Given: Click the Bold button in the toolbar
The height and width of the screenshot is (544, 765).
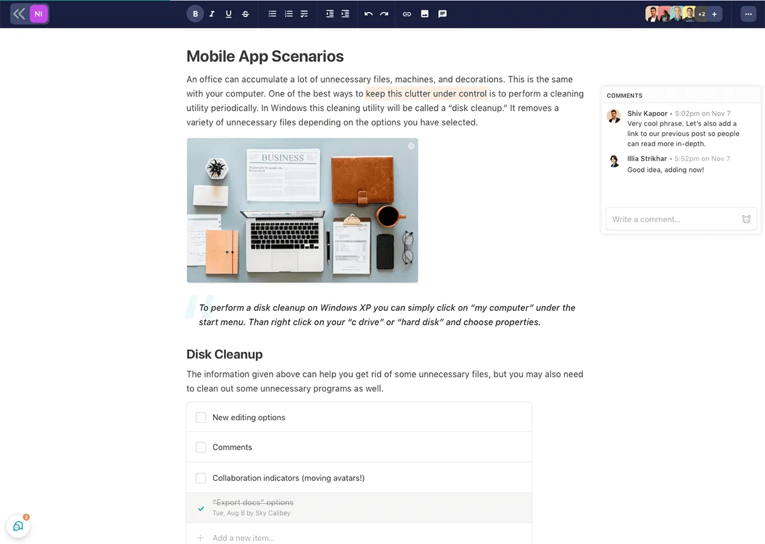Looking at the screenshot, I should click(195, 14).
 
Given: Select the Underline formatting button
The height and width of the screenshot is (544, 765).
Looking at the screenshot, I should click(228, 14).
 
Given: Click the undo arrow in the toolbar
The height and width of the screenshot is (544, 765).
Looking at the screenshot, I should click(368, 14).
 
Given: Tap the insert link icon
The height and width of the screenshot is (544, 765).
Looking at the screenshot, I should click(407, 14).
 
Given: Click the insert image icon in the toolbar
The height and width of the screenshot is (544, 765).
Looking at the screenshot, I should click(425, 14).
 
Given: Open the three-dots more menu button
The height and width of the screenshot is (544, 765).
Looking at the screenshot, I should click(748, 14).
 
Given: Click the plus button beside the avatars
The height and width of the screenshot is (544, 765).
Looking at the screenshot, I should click(714, 14).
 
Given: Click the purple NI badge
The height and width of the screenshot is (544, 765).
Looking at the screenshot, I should click(39, 14).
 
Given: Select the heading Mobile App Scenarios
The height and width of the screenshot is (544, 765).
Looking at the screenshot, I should click(265, 56).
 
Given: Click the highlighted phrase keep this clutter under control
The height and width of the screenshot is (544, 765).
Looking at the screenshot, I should click(426, 94).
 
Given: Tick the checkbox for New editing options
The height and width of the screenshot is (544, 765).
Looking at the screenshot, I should click(201, 417).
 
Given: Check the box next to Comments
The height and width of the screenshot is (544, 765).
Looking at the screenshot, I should click(201, 447).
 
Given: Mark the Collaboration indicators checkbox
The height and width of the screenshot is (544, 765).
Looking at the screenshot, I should click(201, 478).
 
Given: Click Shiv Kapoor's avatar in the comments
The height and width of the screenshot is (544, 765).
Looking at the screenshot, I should click(614, 116).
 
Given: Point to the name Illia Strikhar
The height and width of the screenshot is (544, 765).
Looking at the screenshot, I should click(647, 158).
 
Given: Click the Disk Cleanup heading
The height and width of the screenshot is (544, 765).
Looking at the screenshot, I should click(225, 354).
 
